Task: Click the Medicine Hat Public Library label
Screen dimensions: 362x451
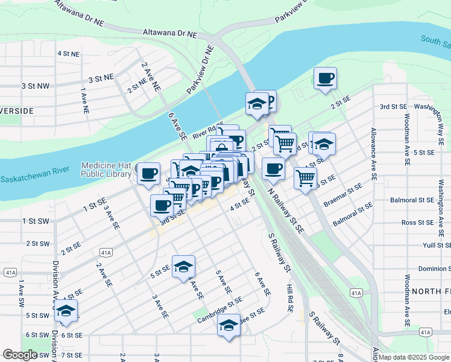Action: [106, 170]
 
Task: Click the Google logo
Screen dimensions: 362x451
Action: [20, 355]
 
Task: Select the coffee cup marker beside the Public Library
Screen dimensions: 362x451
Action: [148, 174]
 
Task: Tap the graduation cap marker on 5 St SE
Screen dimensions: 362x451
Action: [183, 267]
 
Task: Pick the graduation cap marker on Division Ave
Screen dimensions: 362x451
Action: [66, 311]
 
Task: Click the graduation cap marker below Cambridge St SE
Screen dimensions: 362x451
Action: [229, 325]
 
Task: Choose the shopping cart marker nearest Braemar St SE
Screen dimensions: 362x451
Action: [306, 178]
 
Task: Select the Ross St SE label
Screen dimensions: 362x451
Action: [417, 223]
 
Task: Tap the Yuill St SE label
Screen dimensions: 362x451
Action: [437, 246]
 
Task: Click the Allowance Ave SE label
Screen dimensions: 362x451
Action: [374, 154]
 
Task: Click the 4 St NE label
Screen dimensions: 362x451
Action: [69, 54]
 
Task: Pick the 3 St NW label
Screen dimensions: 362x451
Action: [35, 86]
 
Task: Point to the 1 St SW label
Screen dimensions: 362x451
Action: [36, 221]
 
